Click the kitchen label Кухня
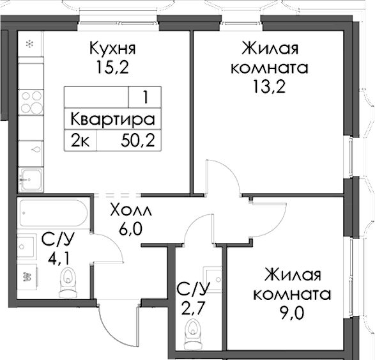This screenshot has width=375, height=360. coord(112,49)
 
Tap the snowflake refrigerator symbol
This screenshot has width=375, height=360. coord(29,44)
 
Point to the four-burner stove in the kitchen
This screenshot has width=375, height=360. coord(29,102)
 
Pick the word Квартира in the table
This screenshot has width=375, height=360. coord(112,120)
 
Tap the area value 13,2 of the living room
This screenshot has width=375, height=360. coord(269,86)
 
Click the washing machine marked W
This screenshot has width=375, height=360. coord(27,277)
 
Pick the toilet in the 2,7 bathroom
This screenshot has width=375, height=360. coord(192,332)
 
